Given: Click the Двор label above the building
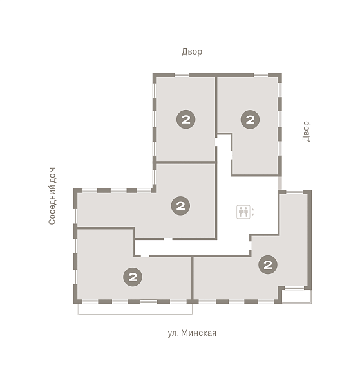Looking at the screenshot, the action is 192,51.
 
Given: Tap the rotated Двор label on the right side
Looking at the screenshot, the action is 306,131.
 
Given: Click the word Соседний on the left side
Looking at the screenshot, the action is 52,205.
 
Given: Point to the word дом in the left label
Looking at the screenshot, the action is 52,175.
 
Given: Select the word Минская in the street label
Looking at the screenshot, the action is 198,333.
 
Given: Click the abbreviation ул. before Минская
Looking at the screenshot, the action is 173,333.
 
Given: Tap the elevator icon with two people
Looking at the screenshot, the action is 243,212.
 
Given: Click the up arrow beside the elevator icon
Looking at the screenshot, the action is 253,210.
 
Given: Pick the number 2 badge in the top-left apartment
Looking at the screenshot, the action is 185,120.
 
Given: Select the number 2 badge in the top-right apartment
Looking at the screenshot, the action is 250,120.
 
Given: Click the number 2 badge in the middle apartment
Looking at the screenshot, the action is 180,206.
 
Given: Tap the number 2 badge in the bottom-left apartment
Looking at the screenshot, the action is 133,277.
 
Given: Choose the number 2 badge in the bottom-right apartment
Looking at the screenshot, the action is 268,264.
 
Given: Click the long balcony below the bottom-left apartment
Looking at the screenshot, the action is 135,309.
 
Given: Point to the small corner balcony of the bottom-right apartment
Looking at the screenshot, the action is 297,297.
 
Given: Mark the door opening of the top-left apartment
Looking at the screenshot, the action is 216,142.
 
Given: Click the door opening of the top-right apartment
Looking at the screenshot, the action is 232,155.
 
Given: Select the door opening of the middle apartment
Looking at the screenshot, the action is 168,239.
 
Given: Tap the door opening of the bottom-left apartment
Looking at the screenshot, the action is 145,256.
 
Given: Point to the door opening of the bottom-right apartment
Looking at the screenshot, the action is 251,246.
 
